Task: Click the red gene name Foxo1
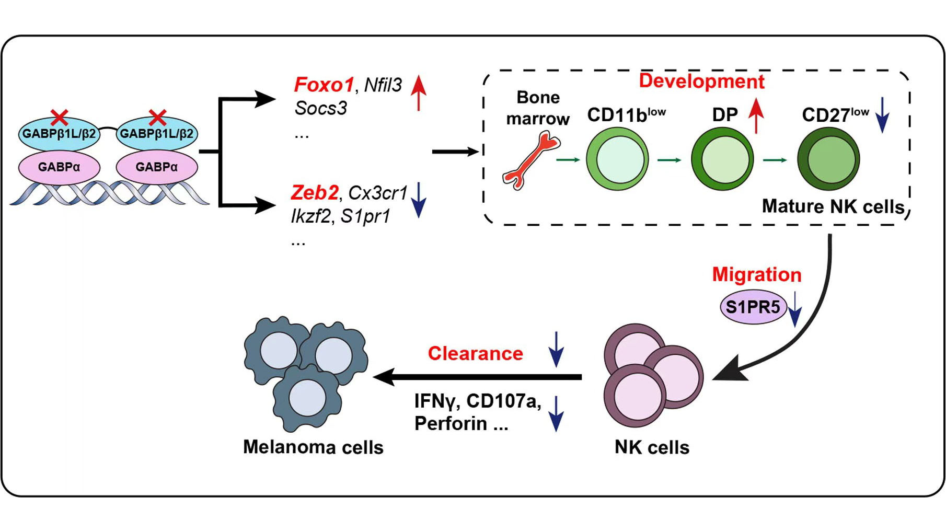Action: [324, 85]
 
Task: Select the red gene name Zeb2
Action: [315, 193]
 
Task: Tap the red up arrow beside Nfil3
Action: [418, 93]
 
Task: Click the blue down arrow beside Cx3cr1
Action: [419, 200]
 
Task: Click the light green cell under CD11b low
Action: [617, 159]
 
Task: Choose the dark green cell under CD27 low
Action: [828, 159]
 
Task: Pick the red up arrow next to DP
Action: [756, 115]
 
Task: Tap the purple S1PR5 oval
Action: [753, 307]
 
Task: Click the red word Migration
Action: [756, 275]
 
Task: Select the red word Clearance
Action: [475, 354]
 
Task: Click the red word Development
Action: [701, 82]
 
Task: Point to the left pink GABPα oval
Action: [59, 167]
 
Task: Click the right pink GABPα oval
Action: [157, 167]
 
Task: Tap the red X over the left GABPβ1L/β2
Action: [59, 118]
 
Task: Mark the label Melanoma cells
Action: [313, 447]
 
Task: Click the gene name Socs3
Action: [321, 108]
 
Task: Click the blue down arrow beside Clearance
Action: [556, 349]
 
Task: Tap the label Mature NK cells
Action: [833, 207]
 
